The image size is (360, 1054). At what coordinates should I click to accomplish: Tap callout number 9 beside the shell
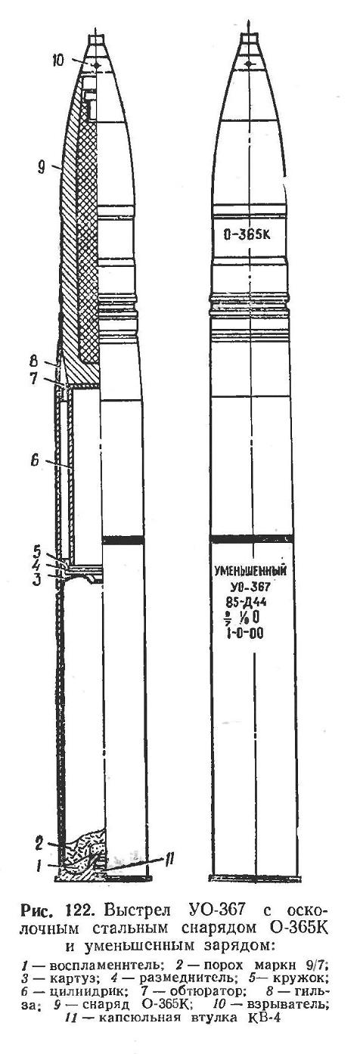(x=42, y=167)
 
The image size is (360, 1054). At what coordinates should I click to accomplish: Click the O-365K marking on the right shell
(x=247, y=234)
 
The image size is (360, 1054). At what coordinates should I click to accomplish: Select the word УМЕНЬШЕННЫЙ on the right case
(x=250, y=572)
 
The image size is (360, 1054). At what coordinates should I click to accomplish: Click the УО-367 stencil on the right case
(x=250, y=587)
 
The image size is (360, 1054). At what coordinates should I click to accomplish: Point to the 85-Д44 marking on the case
(x=250, y=603)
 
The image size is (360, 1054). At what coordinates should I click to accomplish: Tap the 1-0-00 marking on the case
(x=247, y=634)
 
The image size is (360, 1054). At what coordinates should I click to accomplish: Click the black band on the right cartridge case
(x=251, y=538)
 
